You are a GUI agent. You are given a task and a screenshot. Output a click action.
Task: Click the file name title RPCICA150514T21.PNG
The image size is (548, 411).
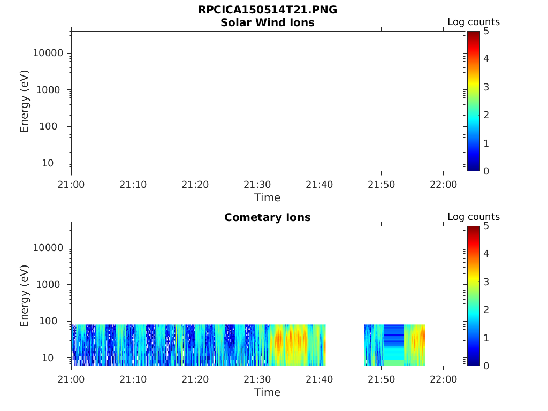(268, 10)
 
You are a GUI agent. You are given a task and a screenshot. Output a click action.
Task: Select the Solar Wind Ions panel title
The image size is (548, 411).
(268, 23)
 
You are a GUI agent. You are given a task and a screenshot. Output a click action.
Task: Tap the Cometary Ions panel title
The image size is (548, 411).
(268, 217)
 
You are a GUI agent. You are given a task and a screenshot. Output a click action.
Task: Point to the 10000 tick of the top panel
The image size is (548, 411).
(49, 53)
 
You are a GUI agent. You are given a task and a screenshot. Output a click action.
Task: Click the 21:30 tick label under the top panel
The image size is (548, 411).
(257, 185)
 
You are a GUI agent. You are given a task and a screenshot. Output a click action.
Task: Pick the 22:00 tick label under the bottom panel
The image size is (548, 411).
(443, 379)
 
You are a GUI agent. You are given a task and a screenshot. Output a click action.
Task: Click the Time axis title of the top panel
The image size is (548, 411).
(268, 197)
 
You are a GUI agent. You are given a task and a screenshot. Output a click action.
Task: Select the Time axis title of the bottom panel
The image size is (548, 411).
(268, 392)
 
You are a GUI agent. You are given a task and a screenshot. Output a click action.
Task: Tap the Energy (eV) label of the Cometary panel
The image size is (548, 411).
(25, 295)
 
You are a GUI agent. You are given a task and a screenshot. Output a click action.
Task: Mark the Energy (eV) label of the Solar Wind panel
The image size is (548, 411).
(25, 101)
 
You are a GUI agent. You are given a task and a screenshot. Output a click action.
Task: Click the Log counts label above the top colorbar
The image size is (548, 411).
(474, 22)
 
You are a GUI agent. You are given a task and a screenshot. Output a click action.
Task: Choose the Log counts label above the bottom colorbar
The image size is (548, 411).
(474, 217)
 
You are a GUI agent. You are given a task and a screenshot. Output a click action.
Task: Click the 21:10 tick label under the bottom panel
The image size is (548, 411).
(133, 379)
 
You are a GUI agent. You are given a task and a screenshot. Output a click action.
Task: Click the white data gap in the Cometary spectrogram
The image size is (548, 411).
(345, 345)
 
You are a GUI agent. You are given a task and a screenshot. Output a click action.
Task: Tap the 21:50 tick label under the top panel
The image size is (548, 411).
(381, 185)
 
